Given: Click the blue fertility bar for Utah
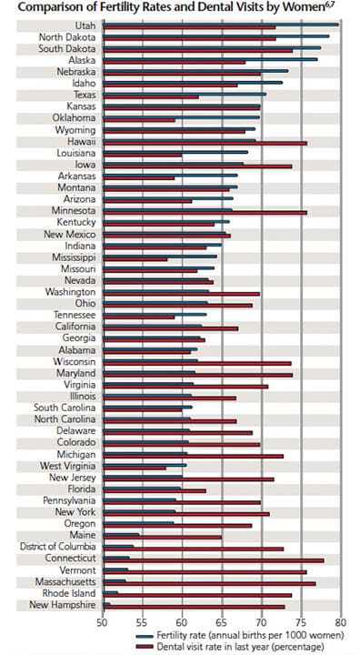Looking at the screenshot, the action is tap(221, 25).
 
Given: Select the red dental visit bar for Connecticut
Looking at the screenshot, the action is tap(214, 560).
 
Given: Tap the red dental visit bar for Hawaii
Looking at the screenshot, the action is tap(205, 144).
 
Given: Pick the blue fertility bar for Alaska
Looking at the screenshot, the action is tap(211, 59).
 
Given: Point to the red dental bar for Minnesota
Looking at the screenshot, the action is tap(205, 213).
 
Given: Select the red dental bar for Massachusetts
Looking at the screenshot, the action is tap(210, 583).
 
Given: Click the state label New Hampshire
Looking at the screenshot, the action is tap(62, 604).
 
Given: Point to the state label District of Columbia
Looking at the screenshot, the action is tap(58, 547).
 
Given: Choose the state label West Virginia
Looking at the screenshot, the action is tap(67, 466).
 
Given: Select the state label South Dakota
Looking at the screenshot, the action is tap(67, 48).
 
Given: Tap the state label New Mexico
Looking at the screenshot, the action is tap(70, 235).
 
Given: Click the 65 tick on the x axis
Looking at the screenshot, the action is tap(222, 622).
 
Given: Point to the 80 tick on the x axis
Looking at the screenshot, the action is tap(341, 622).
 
